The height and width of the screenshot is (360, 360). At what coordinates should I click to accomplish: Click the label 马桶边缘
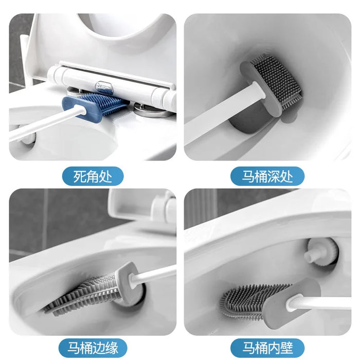pyautogui.click(x=93, y=346)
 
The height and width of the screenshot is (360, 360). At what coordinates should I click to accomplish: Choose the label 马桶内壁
pyautogui.click(x=267, y=346)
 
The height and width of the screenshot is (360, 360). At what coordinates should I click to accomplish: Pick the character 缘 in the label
pyautogui.click(x=115, y=346)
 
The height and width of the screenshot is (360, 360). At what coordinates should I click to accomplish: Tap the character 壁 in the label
pyautogui.click(x=289, y=346)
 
